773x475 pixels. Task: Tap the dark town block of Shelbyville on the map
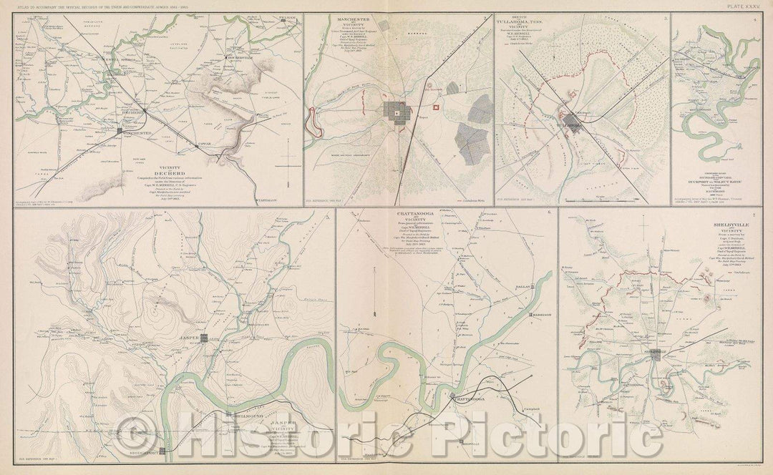[656, 357]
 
